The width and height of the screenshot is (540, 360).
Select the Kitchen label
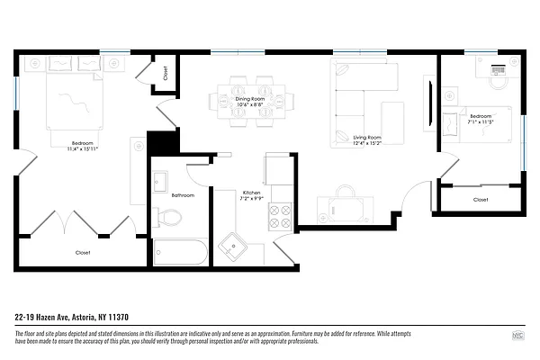point(252,193)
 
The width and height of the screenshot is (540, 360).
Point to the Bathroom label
point(184,194)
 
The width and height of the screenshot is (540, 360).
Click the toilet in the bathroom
point(168,216)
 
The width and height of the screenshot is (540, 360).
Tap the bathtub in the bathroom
point(180,252)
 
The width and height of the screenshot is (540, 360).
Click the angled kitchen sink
point(236,245)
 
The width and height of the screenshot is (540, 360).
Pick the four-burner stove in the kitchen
point(281,216)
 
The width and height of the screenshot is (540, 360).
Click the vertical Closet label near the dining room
point(166,73)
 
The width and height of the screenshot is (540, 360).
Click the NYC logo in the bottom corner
point(517,336)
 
